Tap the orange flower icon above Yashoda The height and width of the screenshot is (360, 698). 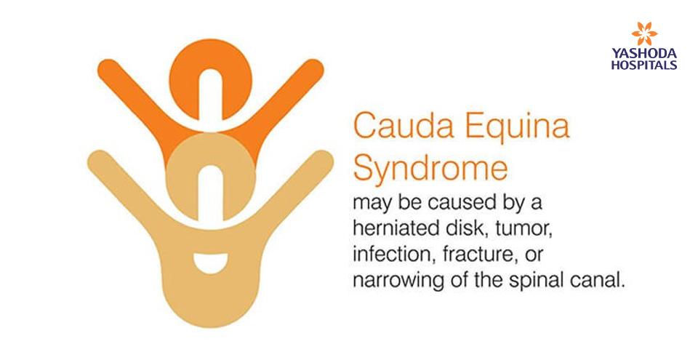coord(644,34)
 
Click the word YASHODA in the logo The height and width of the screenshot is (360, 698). coord(644,54)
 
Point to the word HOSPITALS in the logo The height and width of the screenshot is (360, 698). coord(644,65)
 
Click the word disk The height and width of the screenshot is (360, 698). coord(461,228)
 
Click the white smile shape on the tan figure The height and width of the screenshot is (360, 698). coord(211,263)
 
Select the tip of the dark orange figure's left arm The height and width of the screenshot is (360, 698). coord(105,67)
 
